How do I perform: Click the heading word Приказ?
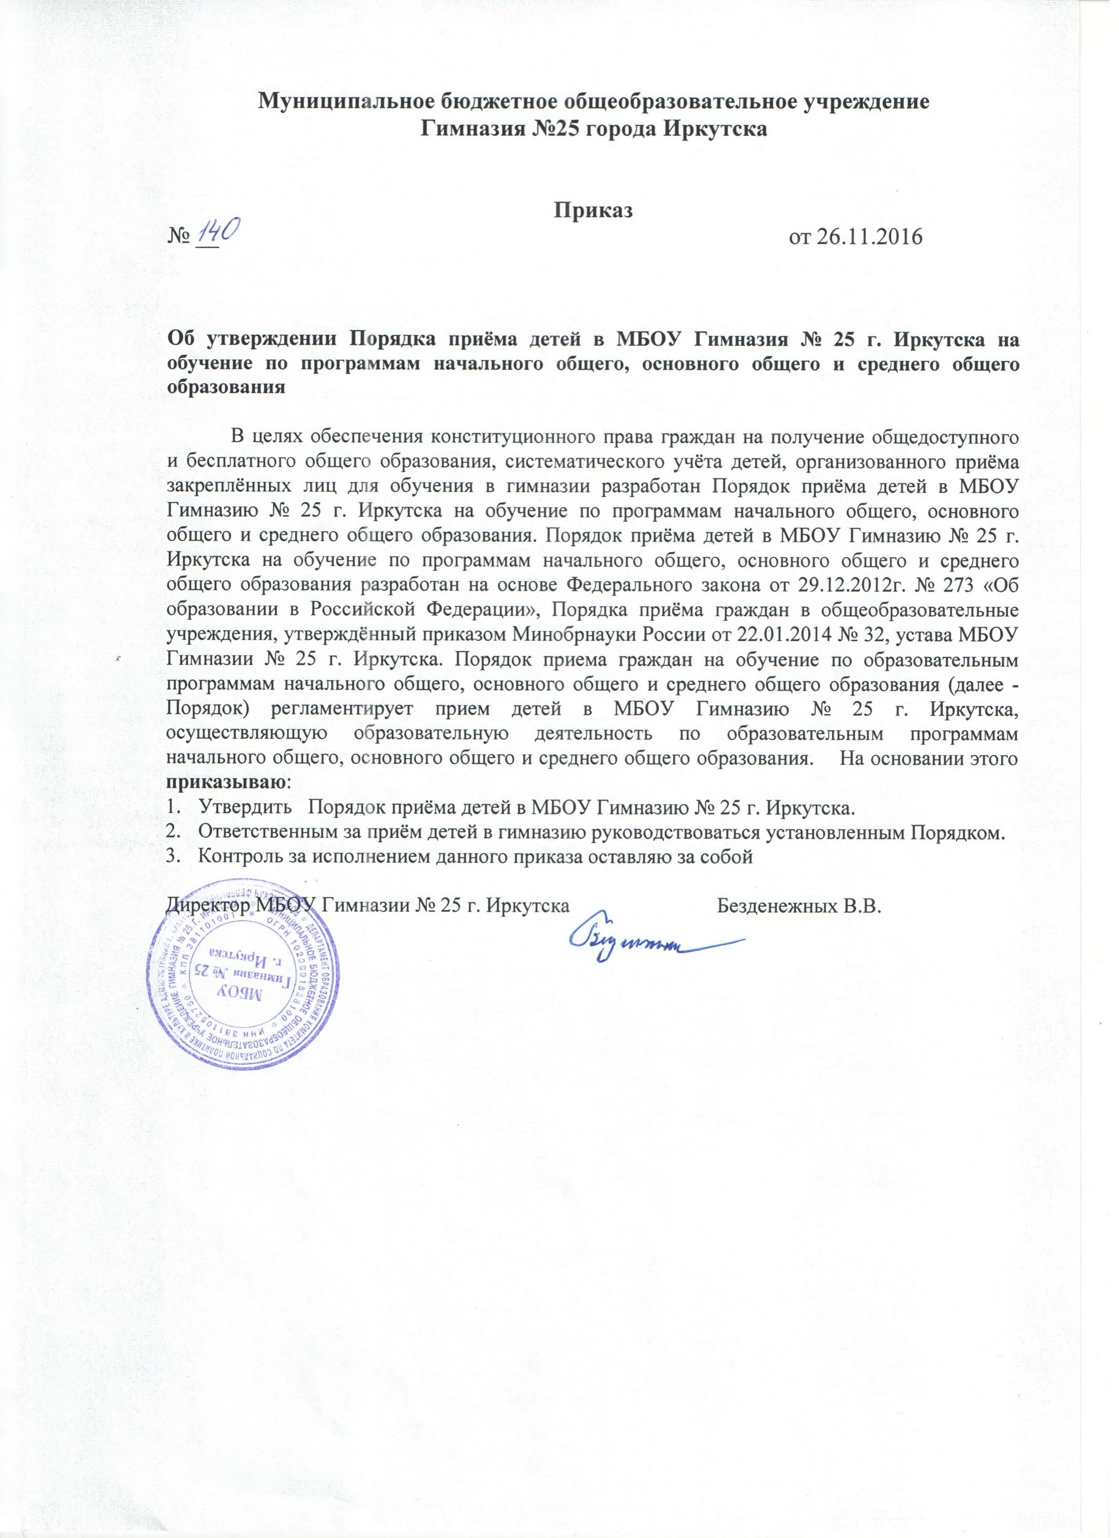(x=594, y=211)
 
